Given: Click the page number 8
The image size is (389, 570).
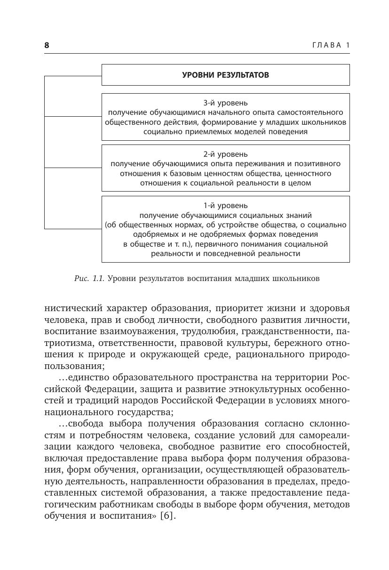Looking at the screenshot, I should click(x=47, y=45).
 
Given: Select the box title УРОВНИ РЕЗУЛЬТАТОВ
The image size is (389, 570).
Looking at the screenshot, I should click(x=225, y=75).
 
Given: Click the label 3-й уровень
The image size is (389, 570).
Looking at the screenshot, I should click(x=225, y=103).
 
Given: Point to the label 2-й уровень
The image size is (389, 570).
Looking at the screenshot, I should click(x=225, y=154).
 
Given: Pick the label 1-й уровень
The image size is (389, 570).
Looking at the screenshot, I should click(x=225, y=206).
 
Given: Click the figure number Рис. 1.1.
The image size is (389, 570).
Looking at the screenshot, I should click(x=89, y=278).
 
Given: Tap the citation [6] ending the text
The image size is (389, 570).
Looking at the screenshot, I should click(x=167, y=516).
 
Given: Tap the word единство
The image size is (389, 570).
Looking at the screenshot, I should click(x=84, y=378).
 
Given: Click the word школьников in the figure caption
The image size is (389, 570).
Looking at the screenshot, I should click(x=296, y=278).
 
